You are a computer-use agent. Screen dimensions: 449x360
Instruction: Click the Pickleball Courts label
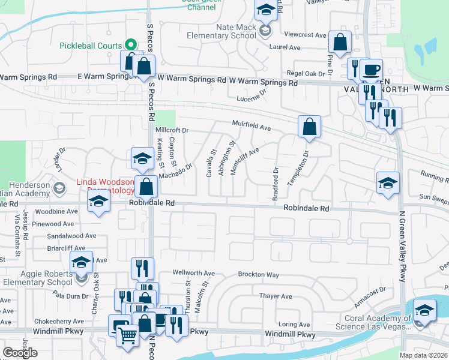[90, 46]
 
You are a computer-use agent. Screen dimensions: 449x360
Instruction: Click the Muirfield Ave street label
[252, 126]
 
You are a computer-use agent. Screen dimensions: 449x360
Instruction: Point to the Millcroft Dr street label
[172, 130]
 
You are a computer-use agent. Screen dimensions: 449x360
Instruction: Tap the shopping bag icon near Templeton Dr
[309, 127]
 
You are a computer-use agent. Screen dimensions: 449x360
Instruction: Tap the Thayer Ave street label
[276, 296]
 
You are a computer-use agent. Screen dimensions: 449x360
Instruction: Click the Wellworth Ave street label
[193, 272]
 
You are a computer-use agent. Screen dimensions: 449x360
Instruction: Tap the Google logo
[20, 353]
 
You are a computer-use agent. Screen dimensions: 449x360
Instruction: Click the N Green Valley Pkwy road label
[402, 252]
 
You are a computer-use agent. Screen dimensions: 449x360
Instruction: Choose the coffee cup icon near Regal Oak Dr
[371, 69]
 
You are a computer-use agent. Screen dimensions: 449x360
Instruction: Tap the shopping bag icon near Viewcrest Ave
[340, 43]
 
